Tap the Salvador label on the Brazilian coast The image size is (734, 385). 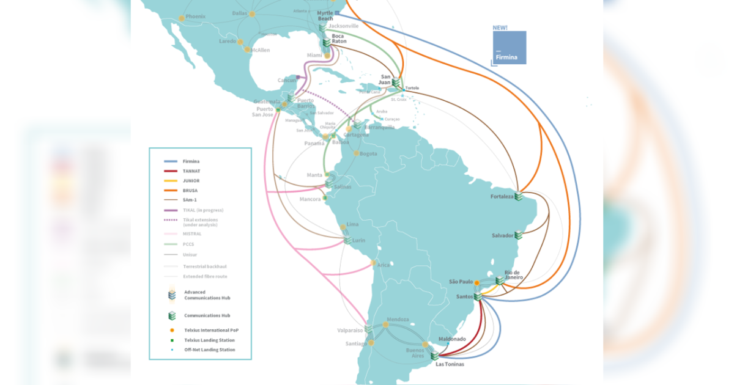pos(503,235)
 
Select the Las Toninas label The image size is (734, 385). pos(450,364)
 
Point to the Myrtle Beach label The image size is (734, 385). pos(326,15)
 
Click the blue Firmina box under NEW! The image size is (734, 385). pos(510,48)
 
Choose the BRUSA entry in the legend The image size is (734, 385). pos(190,191)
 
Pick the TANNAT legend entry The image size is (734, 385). pos(191,171)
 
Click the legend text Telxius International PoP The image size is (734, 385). pos(211,330)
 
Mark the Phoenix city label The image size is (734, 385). pos(196,16)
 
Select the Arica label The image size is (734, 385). pos(384,265)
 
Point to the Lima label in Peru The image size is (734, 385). pos(353,225)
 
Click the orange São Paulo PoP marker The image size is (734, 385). pos(476,283)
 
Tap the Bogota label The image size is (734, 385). pos(368,153)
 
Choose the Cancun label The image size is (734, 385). pos(286,80)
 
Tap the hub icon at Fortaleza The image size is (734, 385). pos(519,196)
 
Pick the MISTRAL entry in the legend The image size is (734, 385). pos(191,233)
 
